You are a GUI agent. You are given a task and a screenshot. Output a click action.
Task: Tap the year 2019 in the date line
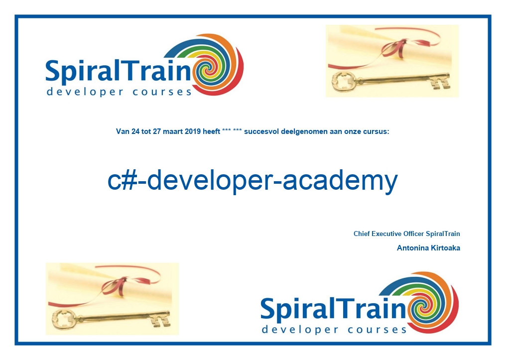193,132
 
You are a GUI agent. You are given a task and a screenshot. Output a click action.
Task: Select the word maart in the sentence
173,132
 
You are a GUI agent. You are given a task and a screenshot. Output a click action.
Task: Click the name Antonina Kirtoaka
428,248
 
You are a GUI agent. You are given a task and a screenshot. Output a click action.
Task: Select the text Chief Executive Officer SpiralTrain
406,234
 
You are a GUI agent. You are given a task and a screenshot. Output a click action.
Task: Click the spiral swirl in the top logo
211,65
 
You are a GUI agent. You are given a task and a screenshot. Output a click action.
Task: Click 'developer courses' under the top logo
119,92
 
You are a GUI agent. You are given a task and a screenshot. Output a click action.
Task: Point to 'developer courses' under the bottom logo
334,330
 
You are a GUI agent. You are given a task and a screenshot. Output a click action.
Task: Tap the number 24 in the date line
135,132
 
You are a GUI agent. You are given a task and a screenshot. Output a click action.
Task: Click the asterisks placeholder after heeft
232,131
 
